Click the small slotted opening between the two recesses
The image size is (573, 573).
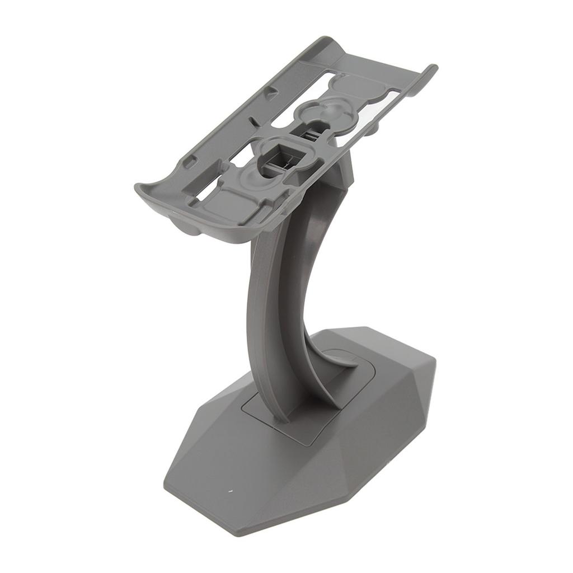pyautogui.click(x=309, y=134)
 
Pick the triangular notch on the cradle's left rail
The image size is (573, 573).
pyautogui.click(x=271, y=93)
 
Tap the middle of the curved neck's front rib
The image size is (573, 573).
pyautogui.click(x=263, y=325)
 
